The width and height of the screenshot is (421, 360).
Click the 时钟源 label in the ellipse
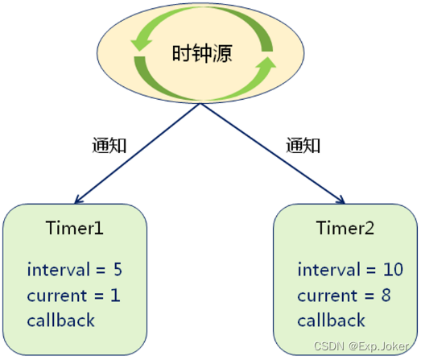[x=202, y=53]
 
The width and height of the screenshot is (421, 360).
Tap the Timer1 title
[x=75, y=228]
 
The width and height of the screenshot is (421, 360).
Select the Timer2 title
[x=345, y=228]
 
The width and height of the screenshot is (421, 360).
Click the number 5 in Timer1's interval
[x=118, y=269]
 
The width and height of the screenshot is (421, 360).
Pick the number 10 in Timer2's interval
[x=393, y=269]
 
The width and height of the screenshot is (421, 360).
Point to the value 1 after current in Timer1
[x=115, y=295]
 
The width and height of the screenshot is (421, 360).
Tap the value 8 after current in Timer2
[x=386, y=295]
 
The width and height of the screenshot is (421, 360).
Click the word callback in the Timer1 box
[x=61, y=320]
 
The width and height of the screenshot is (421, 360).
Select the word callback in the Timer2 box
[x=332, y=320]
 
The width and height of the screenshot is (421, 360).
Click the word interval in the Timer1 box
[x=59, y=269]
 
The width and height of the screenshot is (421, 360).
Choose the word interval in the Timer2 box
[x=329, y=269]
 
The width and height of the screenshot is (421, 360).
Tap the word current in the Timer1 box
[x=57, y=296]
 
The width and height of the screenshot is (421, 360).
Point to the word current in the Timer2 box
[x=328, y=296]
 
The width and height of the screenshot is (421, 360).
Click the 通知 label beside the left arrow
[x=109, y=145]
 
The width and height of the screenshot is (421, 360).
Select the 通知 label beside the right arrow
[x=303, y=145]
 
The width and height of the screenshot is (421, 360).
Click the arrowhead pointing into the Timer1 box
[x=78, y=201]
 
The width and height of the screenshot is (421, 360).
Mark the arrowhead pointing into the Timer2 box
[x=341, y=200]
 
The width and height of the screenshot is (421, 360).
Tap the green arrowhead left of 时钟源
[x=141, y=44]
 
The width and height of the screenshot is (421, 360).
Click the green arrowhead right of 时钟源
[x=266, y=64]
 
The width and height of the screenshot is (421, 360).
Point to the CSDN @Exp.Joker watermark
[x=361, y=346]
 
